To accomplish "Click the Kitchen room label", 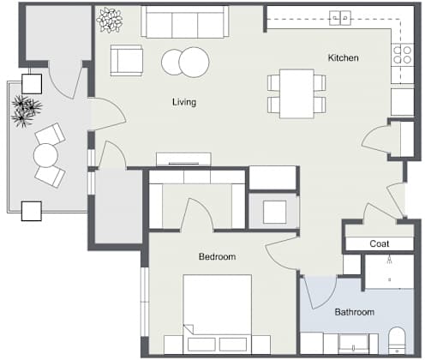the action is [343, 58].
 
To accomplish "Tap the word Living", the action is [184, 102].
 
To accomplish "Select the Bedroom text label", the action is [218, 256].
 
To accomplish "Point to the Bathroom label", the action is [355, 312].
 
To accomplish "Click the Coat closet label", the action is [380, 243].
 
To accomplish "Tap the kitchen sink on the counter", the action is [340, 18].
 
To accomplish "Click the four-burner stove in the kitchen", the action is [403, 55].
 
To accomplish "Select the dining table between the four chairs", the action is [296, 93].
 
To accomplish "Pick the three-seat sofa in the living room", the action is [185, 21].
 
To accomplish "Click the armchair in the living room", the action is [127, 60].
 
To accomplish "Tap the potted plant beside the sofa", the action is [110, 20].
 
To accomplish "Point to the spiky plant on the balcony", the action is [27, 111].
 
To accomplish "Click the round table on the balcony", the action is [45, 155].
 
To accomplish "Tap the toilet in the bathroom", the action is [397, 341].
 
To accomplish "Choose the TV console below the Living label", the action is [183, 159].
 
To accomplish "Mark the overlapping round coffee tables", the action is [185, 63].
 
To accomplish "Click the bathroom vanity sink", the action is [353, 345].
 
